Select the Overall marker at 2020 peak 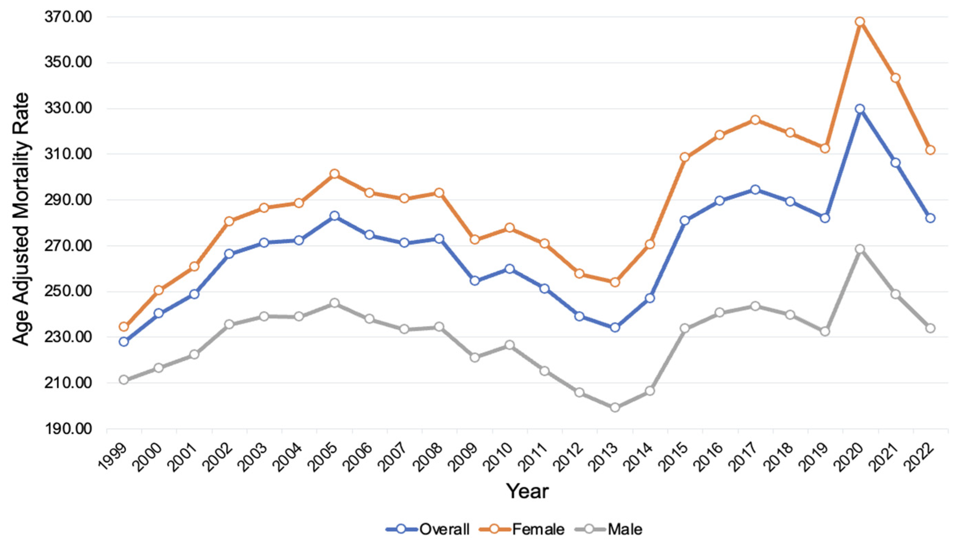point(860,109)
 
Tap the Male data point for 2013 point(615,407)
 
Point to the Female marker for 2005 point(335,174)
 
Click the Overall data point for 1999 point(124,342)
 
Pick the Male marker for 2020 point(860,249)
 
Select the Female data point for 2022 point(930,150)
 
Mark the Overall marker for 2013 point(615,327)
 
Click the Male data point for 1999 point(124,380)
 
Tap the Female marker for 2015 point(685,157)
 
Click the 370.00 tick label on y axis point(68,17)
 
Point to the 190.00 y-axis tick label point(68,429)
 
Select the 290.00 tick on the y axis point(68,200)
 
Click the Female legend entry point(522,529)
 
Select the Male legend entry point(608,529)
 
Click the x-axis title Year point(527,491)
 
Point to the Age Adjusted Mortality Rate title point(21,219)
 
